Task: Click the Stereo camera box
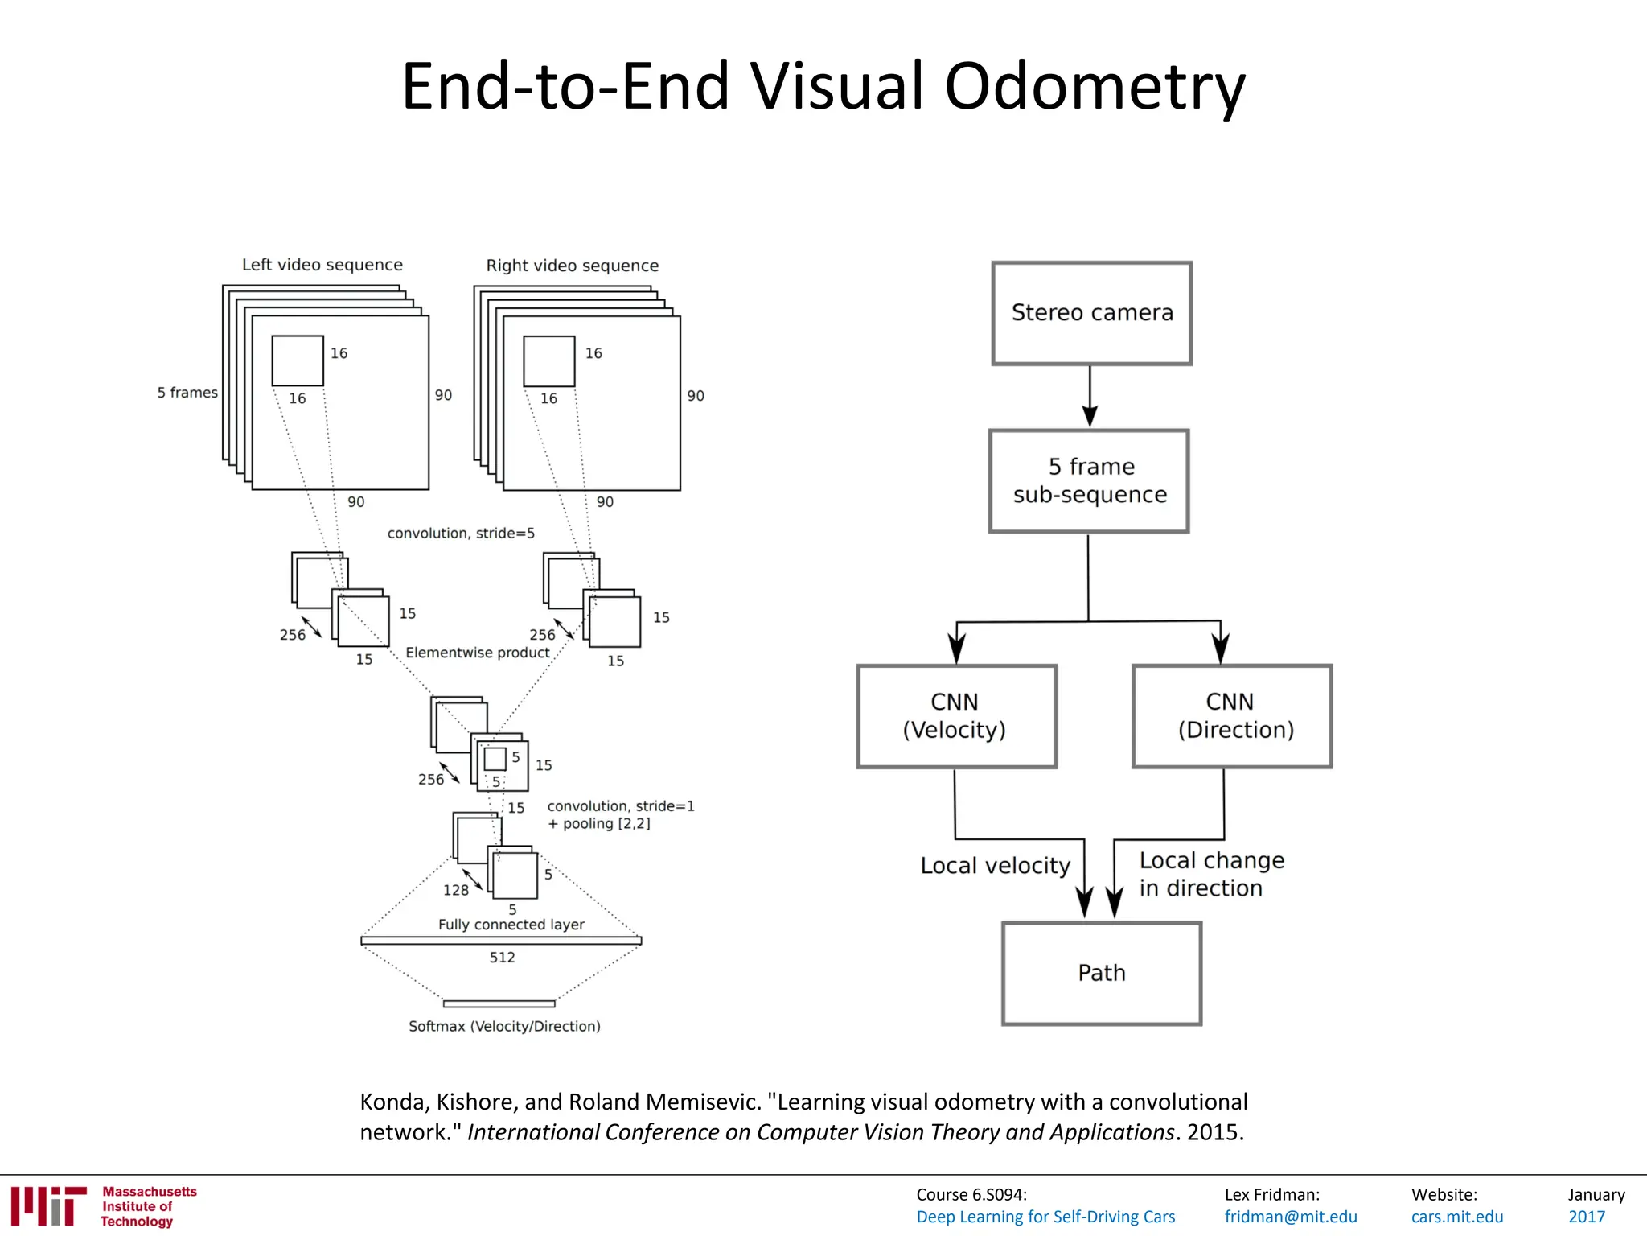(1091, 313)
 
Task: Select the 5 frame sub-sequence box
(1089, 480)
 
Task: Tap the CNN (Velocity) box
(956, 716)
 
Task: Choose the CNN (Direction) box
(1232, 716)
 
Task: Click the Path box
(1101, 973)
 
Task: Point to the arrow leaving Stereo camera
(1090, 396)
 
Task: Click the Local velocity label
(995, 866)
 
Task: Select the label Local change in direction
(1210, 874)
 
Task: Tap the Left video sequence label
(322, 265)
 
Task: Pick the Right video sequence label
(572, 266)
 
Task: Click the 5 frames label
(187, 393)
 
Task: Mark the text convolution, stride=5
(461, 534)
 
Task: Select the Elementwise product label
(478, 653)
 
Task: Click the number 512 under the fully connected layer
(502, 958)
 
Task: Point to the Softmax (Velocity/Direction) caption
(504, 1026)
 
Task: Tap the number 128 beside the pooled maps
(455, 890)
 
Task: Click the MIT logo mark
(48, 1205)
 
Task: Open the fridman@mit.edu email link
(1290, 1217)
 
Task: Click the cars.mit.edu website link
(1456, 1217)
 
